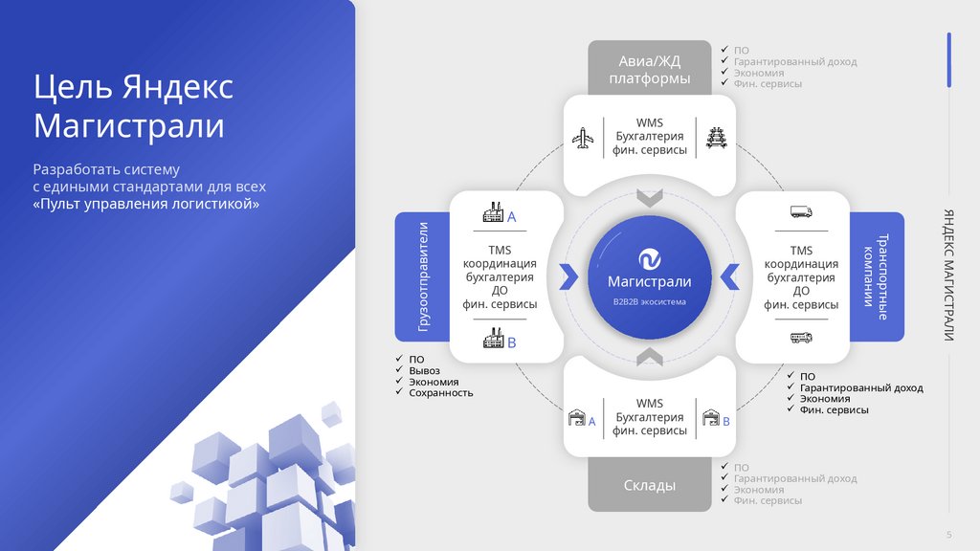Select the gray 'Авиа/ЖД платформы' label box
pyautogui.click(x=649, y=69)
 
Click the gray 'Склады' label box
pyautogui.click(x=649, y=485)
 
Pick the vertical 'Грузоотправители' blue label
pyautogui.click(x=423, y=276)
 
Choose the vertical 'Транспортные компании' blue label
pyautogui.click(x=876, y=276)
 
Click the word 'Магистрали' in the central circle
pyautogui.click(x=649, y=281)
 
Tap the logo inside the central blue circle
pyautogui.click(x=649, y=258)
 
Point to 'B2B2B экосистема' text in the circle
pyautogui.click(x=649, y=301)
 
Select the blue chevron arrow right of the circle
pyautogui.click(x=729, y=275)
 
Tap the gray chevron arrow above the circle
pyautogui.click(x=649, y=198)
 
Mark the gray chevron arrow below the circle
pyautogui.click(x=649, y=357)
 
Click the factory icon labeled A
pyautogui.click(x=494, y=213)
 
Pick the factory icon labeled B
pyautogui.click(x=494, y=339)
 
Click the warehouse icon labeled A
pyautogui.click(x=577, y=419)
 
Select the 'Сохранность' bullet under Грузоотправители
pyautogui.click(x=440, y=392)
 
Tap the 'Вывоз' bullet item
pyautogui.click(x=424, y=370)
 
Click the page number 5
pyautogui.click(x=948, y=534)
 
